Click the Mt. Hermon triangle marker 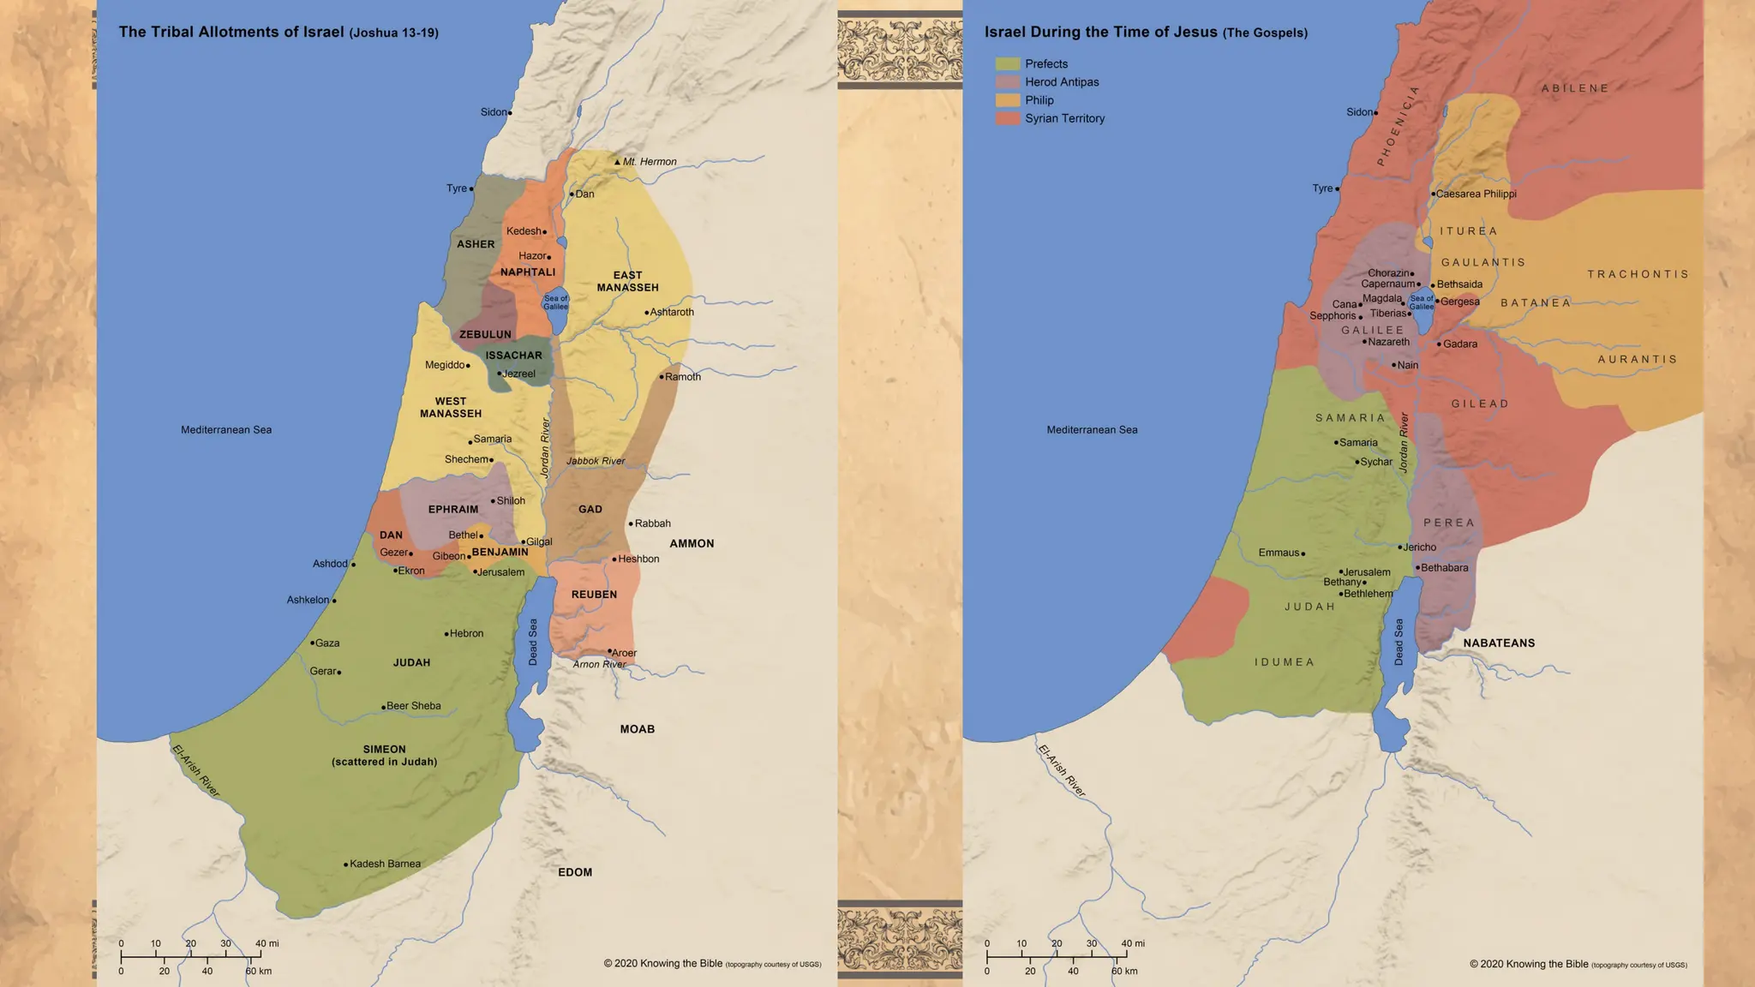pyautogui.click(x=617, y=161)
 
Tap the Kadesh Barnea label pyautogui.click(x=385, y=864)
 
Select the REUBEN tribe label pyautogui.click(x=594, y=595)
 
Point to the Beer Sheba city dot pyautogui.click(x=383, y=708)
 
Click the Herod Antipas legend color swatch pyautogui.click(x=1008, y=82)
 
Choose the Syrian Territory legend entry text pyautogui.click(x=1064, y=118)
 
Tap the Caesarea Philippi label pyautogui.click(x=1476, y=194)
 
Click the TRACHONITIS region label pyautogui.click(x=1638, y=274)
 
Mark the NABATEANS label pyautogui.click(x=1499, y=643)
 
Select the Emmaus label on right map pyautogui.click(x=1279, y=553)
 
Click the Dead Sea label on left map pyautogui.click(x=533, y=642)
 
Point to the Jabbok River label pyautogui.click(x=596, y=461)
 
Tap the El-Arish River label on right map pyautogui.click(x=1062, y=771)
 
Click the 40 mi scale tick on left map pyautogui.click(x=261, y=953)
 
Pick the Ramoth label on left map pyautogui.click(x=683, y=377)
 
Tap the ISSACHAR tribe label pyautogui.click(x=513, y=355)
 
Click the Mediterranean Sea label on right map pyautogui.click(x=1092, y=430)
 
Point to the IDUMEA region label pyautogui.click(x=1284, y=662)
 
